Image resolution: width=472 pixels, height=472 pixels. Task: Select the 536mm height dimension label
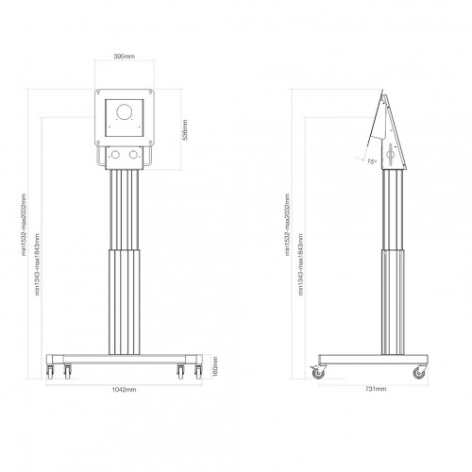point(186,129)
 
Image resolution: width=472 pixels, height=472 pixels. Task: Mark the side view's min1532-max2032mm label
point(286,228)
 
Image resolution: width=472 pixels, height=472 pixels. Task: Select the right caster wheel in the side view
point(416,374)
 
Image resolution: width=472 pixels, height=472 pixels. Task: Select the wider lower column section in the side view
point(386,302)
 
